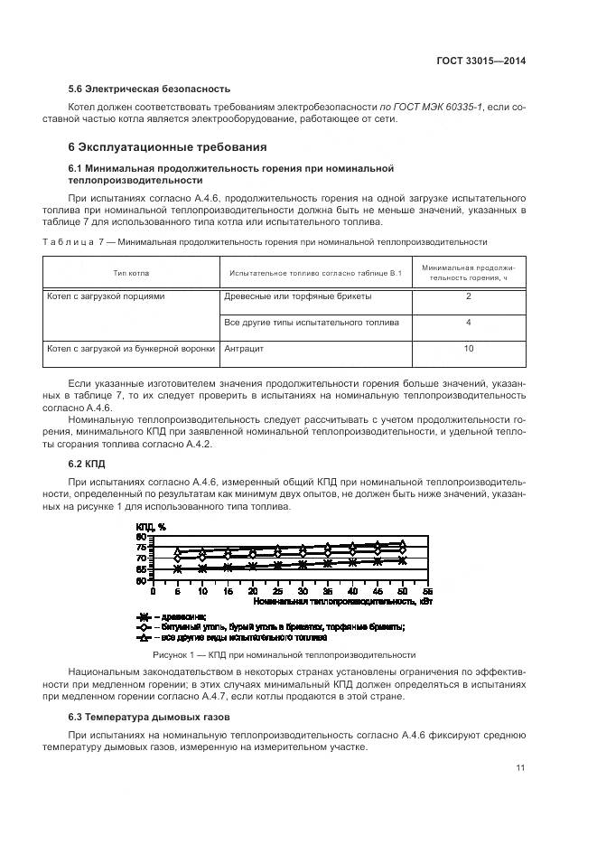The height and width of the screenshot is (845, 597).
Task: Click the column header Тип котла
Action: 132,272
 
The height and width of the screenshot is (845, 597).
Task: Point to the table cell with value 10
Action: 468,347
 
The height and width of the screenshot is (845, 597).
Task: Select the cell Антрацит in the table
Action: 244,347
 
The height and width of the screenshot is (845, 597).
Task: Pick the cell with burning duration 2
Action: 468,296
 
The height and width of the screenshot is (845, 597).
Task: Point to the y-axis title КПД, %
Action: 150,526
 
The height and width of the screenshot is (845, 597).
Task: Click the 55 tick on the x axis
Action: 427,590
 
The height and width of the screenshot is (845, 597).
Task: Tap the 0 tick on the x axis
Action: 154,590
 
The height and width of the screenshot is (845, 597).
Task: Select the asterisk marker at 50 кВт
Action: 402,560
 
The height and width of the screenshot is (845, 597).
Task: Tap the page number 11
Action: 520,768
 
